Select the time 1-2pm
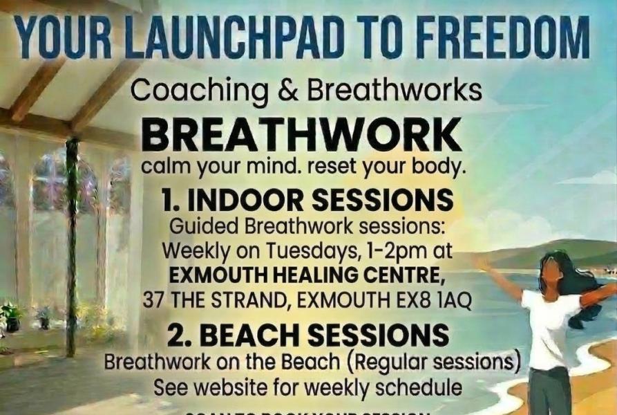click(x=385, y=249)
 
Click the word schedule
click(x=423, y=387)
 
